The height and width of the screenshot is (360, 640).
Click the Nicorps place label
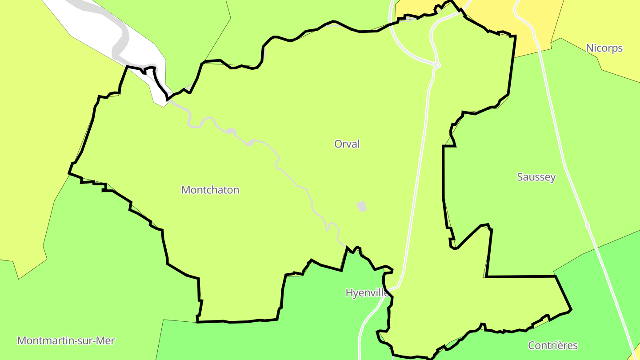[x=604, y=48]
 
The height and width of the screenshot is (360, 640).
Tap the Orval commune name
[x=347, y=144]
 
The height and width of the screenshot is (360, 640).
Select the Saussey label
[x=536, y=177]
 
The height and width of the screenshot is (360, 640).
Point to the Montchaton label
[x=210, y=190]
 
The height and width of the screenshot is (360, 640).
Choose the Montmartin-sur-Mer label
[x=66, y=341]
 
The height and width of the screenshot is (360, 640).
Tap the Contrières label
[x=552, y=345]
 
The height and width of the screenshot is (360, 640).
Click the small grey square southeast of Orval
[x=362, y=206]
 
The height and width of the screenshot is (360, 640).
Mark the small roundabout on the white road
[x=437, y=65]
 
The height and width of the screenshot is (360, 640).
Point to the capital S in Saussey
[x=520, y=177]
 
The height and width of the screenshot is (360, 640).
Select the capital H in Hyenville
[x=349, y=293]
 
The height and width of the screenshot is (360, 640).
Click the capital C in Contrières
[x=532, y=345]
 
